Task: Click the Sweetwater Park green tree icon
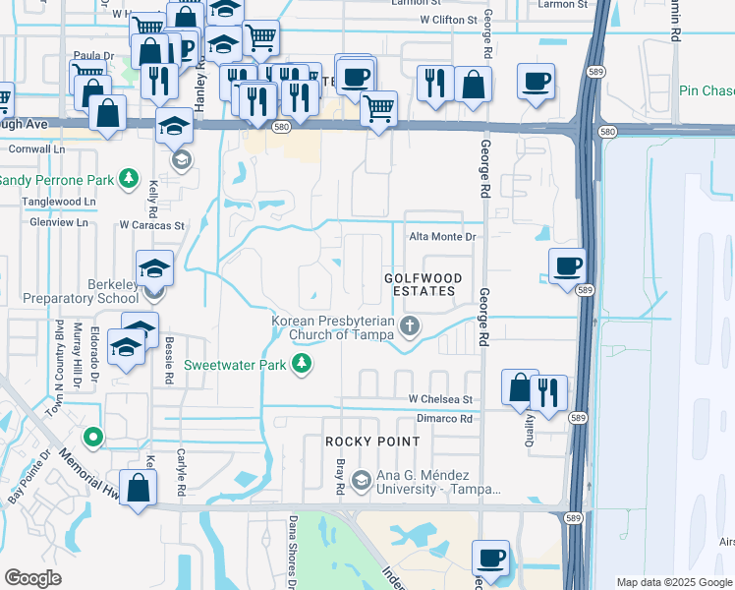pos(303,365)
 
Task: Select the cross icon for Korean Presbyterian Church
pos(410,326)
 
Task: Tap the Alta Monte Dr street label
pos(442,237)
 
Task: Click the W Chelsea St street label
pos(441,400)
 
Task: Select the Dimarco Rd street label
pos(444,418)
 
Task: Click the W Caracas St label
pos(151,225)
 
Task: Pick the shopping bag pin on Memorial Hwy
pos(140,488)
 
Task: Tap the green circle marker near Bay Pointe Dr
pos(93,437)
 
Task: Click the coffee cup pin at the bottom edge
pos(490,558)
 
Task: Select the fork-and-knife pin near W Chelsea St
pos(548,391)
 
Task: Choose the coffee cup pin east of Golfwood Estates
pos(567,265)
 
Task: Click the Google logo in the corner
pos(33,578)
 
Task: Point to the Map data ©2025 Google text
pos(674,582)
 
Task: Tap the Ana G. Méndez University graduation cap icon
pos(361,480)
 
